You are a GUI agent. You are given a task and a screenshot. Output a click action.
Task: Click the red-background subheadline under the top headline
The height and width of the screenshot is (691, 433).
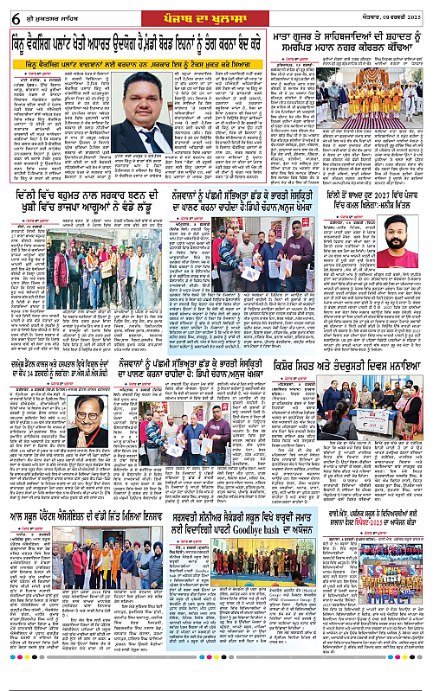(149, 62)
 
